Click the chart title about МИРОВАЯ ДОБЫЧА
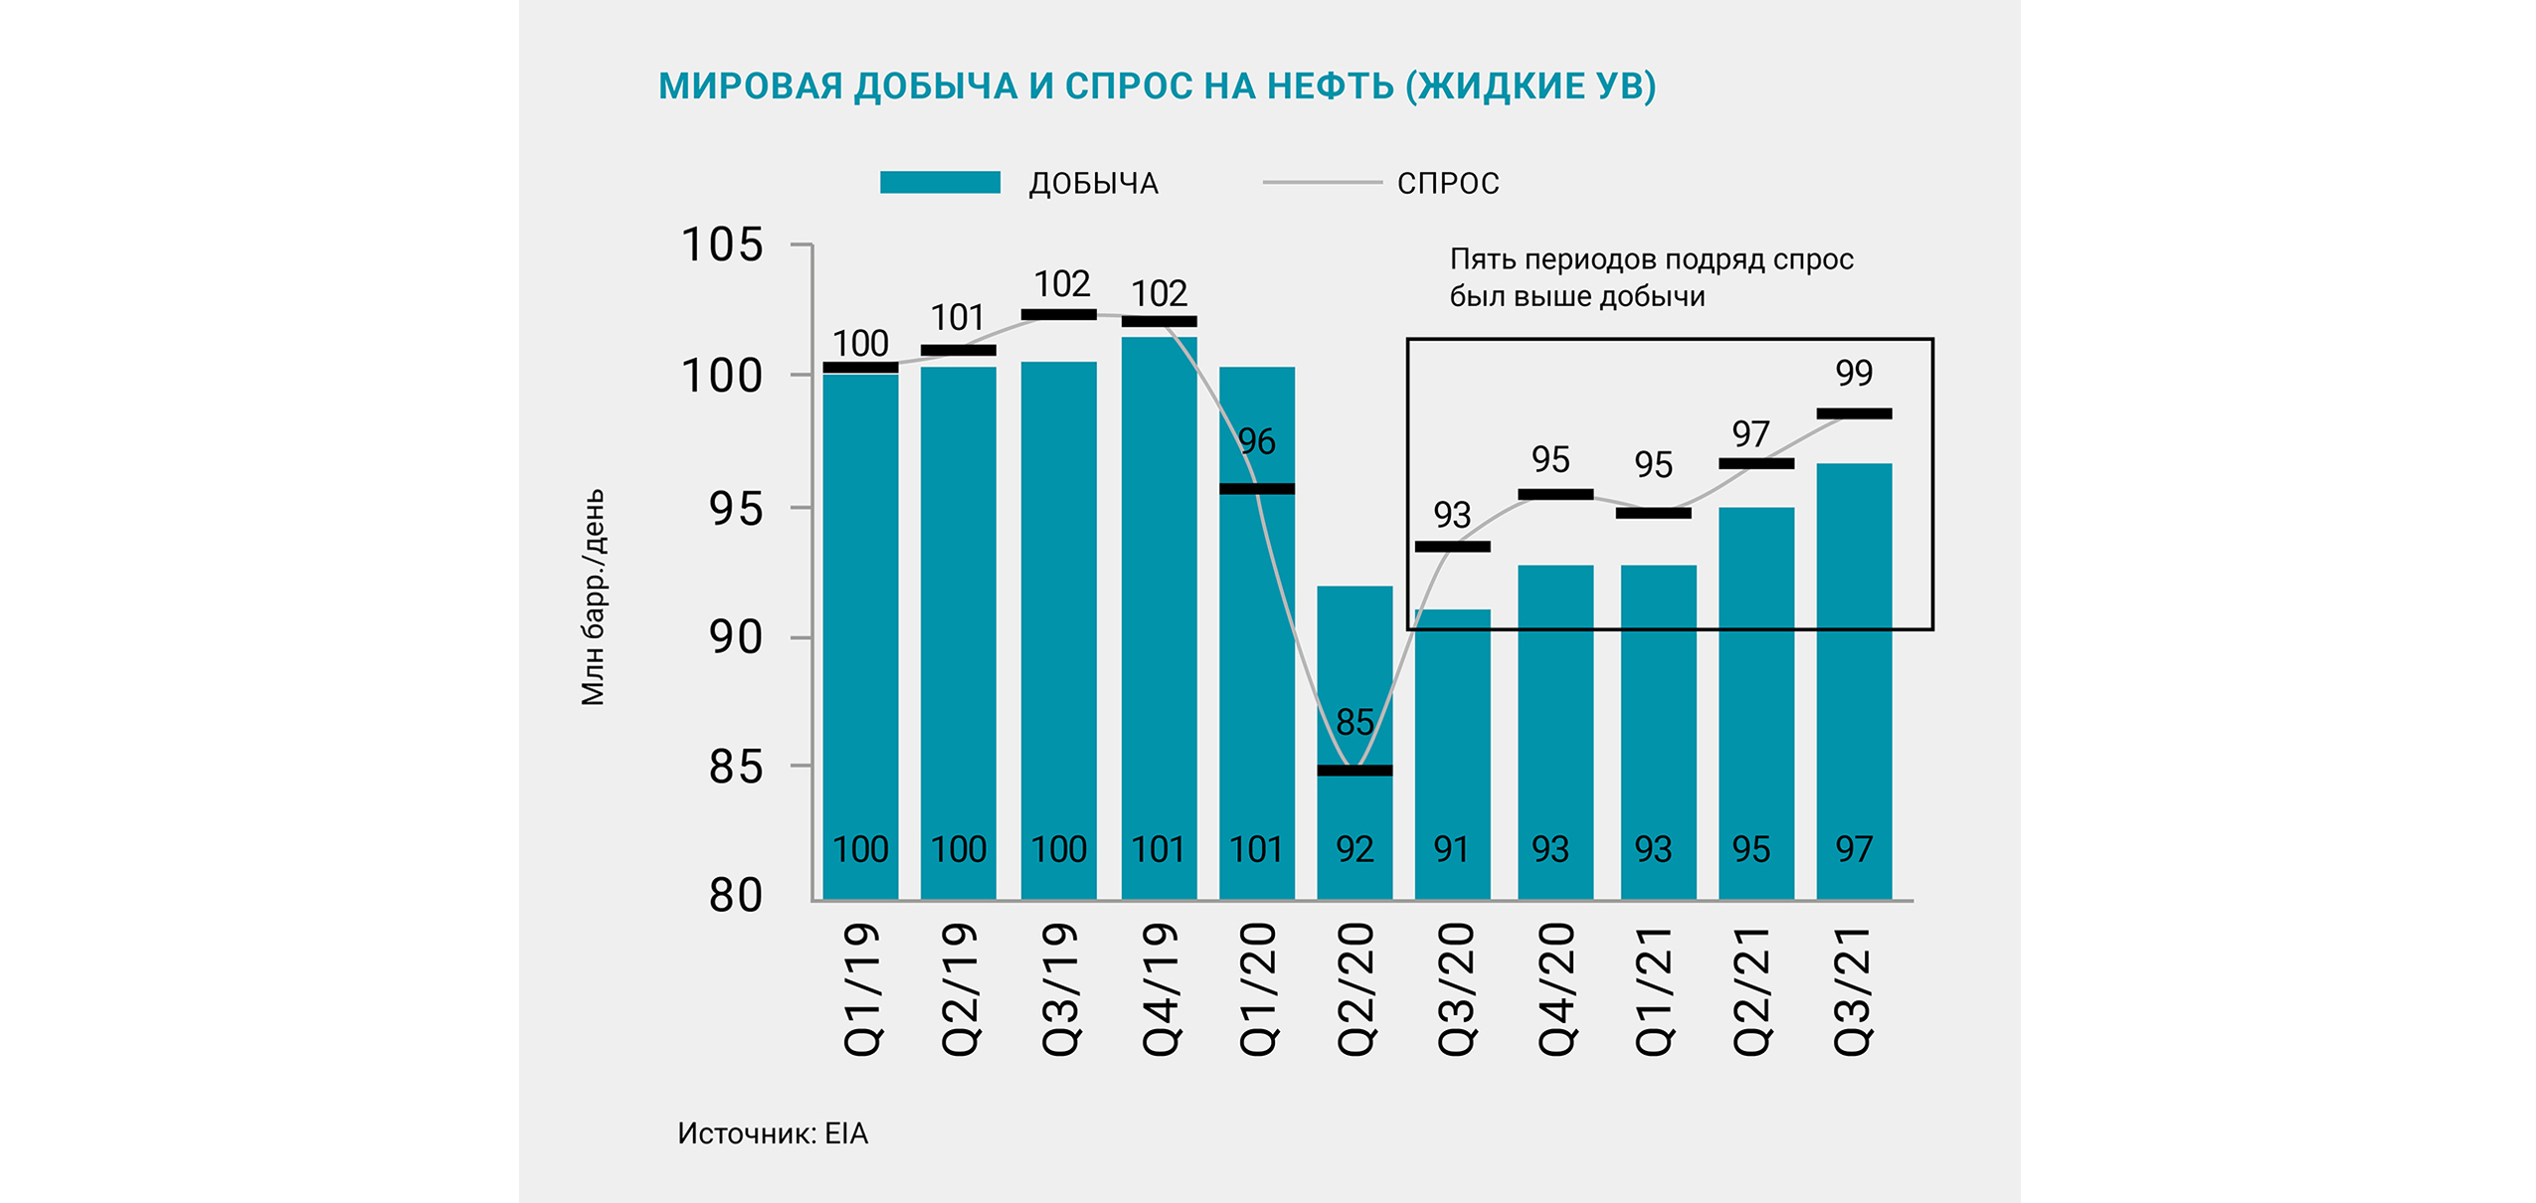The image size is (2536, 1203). pos(1157,86)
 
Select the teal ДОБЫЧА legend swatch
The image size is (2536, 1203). pos(939,183)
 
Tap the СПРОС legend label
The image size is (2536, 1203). pos(1447,184)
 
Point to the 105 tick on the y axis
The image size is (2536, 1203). pos(721,245)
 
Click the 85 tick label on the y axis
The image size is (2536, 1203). pos(735,768)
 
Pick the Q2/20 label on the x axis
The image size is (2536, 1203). pos(1356,988)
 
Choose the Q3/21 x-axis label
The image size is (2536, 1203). pos(1853,988)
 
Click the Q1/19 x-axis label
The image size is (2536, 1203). pos(861,988)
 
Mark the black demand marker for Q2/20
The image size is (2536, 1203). pos(1355,771)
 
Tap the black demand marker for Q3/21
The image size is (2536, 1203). pos(1854,414)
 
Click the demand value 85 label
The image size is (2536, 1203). pos(1355,722)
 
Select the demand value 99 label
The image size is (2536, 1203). pos(1854,373)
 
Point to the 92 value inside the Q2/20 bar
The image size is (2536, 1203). pos(1355,849)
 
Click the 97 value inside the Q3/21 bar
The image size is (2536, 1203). pos(1854,849)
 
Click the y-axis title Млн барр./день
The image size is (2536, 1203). pos(593,598)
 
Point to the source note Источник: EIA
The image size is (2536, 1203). pos(773,1133)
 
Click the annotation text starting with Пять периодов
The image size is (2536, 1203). pos(1651,277)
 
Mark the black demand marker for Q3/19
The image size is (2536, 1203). pos(1058,315)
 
